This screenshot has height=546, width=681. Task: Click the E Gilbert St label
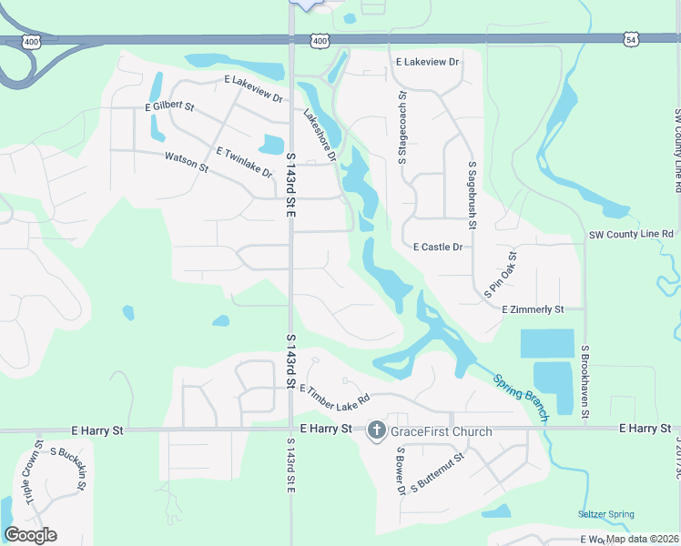[170, 106]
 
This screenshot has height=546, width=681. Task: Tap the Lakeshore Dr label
[320, 136]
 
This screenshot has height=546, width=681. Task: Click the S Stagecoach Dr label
[401, 128]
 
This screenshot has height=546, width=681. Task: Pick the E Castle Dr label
[438, 247]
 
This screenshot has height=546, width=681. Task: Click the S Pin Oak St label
[501, 276]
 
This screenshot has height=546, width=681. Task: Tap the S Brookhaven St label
[586, 381]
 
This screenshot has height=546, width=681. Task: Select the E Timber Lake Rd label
[334, 393]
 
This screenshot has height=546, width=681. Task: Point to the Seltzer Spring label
[605, 514]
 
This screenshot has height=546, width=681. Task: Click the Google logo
[30, 535]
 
